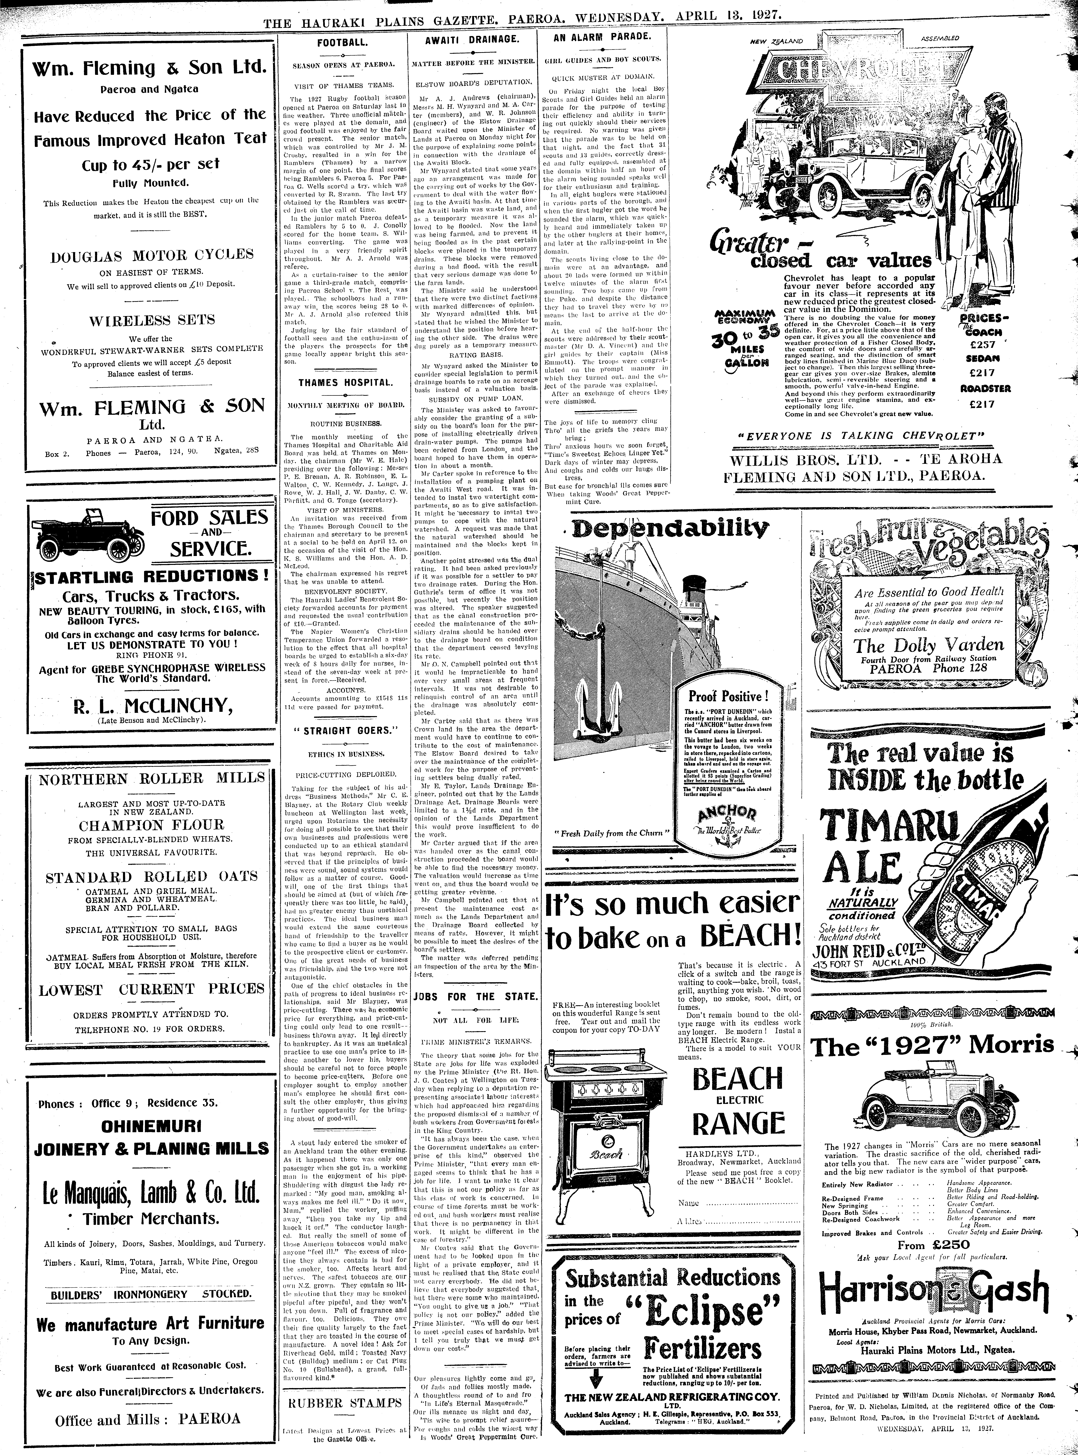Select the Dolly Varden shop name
pyautogui.click(x=929, y=646)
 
